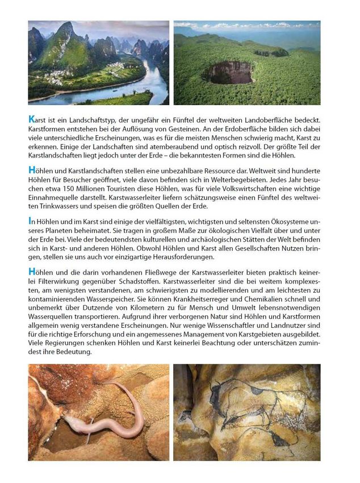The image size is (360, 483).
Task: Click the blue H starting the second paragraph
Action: point(32,170)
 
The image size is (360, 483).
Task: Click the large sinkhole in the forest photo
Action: point(229,73)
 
